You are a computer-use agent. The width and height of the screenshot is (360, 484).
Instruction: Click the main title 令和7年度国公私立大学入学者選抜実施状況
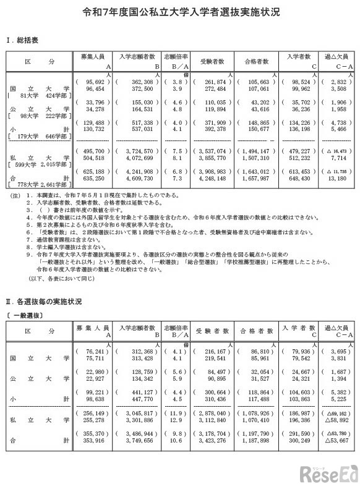(x=180, y=12)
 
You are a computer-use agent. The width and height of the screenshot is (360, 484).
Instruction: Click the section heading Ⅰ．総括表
(x=26, y=40)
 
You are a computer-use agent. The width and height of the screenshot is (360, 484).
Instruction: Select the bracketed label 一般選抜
(x=25, y=315)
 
